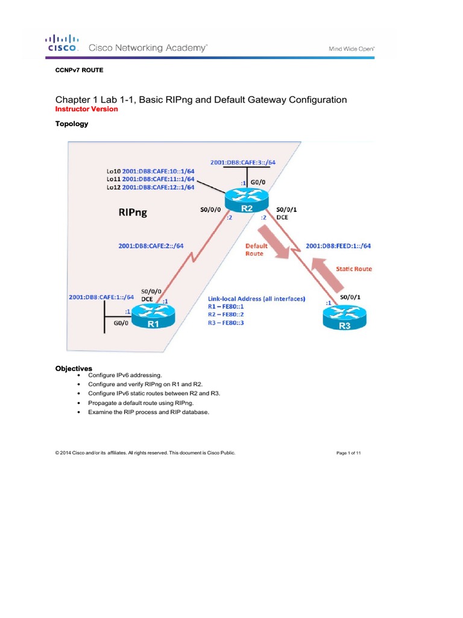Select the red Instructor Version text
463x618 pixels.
pyautogui.click(x=87, y=109)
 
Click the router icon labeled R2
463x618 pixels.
pyautogui.click(x=245, y=200)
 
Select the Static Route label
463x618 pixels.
pyautogui.click(x=354, y=269)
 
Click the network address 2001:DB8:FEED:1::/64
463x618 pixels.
pyautogui.click(x=338, y=246)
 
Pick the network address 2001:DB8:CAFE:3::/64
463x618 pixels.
pyautogui.click(x=243, y=162)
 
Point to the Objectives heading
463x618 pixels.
pyautogui.click(x=74, y=368)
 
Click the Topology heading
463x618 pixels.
pyautogui.click(x=72, y=124)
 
